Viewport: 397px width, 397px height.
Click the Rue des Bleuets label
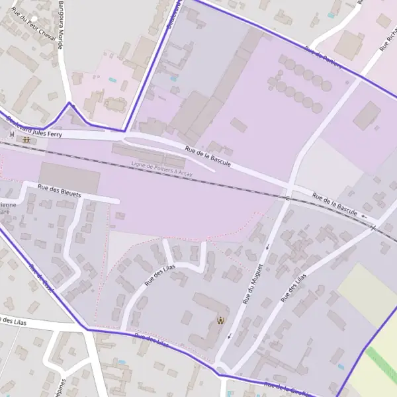click(59, 191)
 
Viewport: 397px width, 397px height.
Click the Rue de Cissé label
click(41, 278)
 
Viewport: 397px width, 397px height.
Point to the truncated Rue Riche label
click(388, 40)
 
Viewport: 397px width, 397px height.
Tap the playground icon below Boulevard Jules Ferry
click(26, 140)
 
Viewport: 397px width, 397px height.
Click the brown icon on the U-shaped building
click(220, 321)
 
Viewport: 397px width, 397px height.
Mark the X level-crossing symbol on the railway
click(373, 228)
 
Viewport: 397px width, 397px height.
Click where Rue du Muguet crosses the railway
click(288, 197)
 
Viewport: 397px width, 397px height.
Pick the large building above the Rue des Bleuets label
click(69, 177)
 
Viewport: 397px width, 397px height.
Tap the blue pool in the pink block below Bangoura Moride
click(112, 80)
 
